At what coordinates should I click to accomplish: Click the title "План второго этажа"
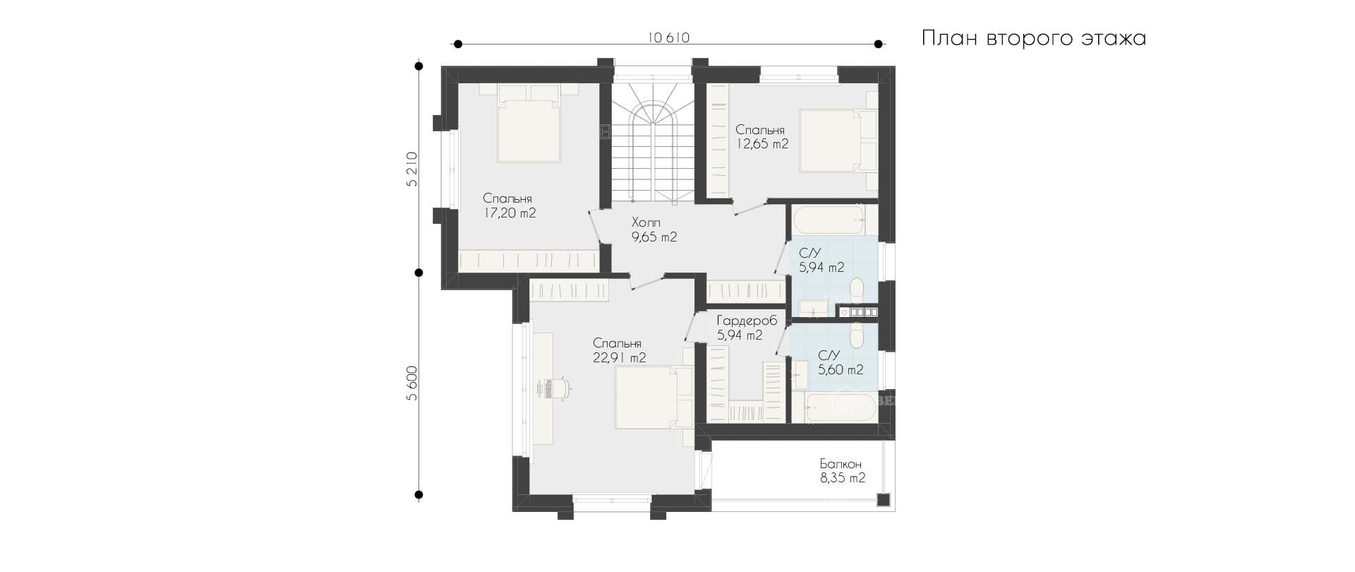[x=1034, y=38]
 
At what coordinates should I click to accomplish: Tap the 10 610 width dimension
[x=668, y=38]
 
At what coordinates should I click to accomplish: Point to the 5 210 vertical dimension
[x=412, y=169]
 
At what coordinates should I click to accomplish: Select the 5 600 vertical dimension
[x=412, y=383]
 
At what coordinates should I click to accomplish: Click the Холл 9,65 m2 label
[x=654, y=230]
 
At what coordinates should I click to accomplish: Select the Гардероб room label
[x=746, y=321]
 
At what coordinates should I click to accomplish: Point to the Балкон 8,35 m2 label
[x=842, y=471]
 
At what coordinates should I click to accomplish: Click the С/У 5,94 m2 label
[x=821, y=261]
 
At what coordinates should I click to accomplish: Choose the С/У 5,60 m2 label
[x=841, y=363]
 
